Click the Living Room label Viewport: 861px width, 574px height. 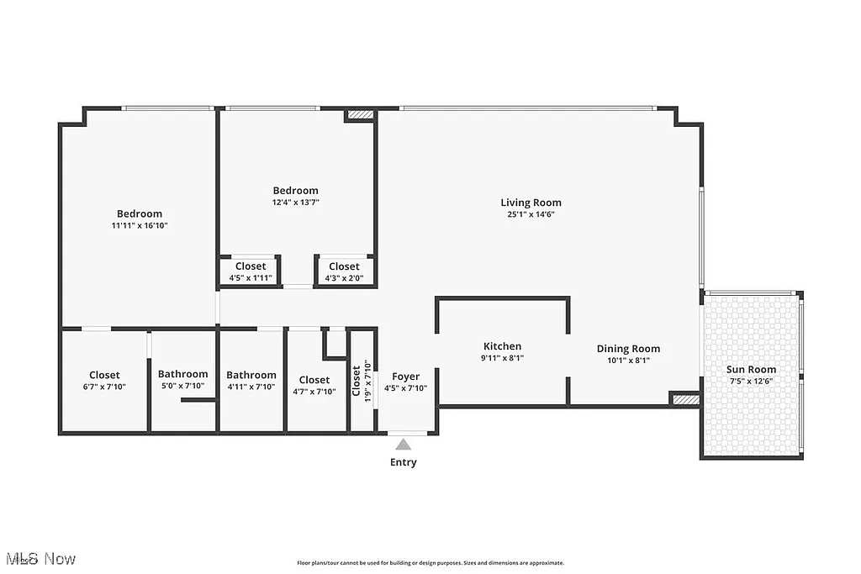(531, 203)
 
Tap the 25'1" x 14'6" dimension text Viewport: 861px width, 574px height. (531, 214)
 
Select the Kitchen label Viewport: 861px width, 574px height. (502, 346)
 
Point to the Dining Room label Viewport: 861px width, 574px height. (628, 349)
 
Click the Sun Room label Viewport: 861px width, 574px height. (752, 370)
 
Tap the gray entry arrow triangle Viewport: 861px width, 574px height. (404, 445)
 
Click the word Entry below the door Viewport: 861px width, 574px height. (404, 462)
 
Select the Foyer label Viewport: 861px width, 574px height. (405, 377)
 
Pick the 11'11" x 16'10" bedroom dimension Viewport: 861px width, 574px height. (140, 225)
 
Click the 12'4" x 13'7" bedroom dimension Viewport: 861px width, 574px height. (295, 203)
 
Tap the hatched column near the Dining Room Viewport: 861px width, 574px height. (684, 400)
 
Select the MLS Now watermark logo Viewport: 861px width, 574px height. (40, 559)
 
